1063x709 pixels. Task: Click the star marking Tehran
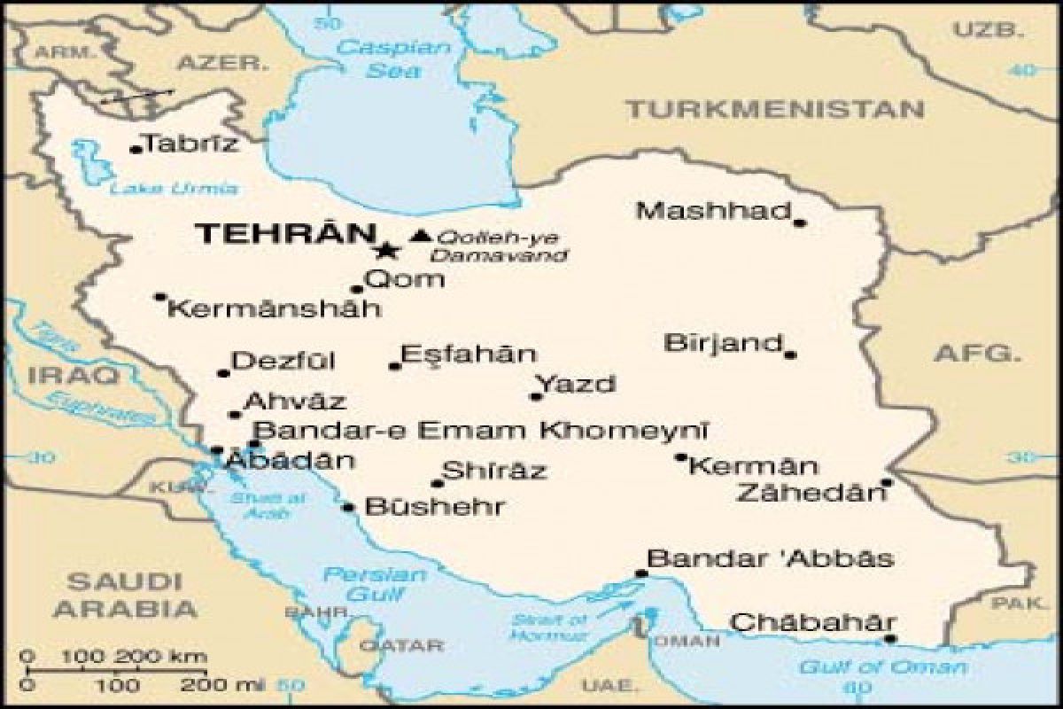coord(385,250)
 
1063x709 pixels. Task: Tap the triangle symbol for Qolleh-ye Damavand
coord(422,236)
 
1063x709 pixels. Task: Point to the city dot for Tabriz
coord(136,149)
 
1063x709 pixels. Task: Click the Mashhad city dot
coord(799,222)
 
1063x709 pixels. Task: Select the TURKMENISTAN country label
coord(774,110)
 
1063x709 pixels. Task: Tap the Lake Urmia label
coord(175,188)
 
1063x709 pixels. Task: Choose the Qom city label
coord(405,280)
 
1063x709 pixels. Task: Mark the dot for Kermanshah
coord(159,297)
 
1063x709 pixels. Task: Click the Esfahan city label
coord(469,354)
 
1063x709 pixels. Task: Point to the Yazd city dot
coord(536,396)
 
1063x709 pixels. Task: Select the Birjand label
coord(724,343)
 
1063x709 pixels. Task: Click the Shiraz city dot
coord(437,483)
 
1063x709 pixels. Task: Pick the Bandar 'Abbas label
coord(770,559)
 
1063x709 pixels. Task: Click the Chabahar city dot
coord(889,638)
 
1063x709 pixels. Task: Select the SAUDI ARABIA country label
coord(124,596)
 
